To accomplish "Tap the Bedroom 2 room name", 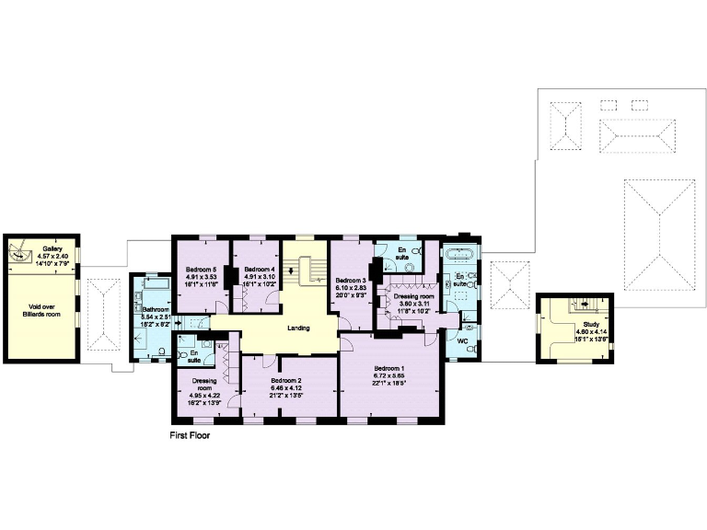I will coord(286,380).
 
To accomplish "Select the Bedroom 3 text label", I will coord(351,281).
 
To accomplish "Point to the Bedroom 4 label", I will coord(260,269).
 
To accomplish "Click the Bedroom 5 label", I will coord(201,269).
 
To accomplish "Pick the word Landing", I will coord(298,328).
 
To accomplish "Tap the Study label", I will coord(587,326).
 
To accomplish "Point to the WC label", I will coord(463,340).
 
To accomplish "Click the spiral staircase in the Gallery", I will coord(21,250).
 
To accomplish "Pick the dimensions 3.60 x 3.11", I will coord(413,305).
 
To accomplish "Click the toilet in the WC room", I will coord(470,327).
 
